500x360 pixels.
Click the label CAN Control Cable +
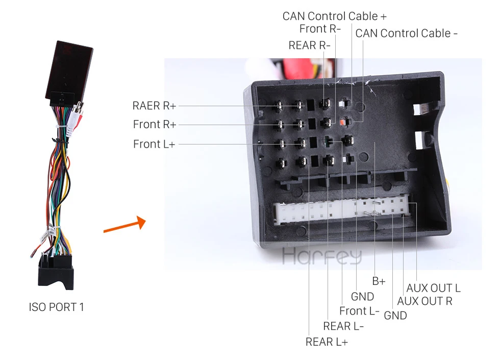click(x=334, y=16)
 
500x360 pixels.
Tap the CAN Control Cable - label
click(x=406, y=33)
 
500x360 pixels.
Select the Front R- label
click(x=320, y=29)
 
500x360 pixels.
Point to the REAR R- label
click(x=309, y=45)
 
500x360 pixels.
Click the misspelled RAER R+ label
click(x=154, y=106)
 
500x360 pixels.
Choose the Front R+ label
click(x=155, y=124)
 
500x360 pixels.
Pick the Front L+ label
click(x=154, y=144)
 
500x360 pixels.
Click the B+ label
click(x=379, y=281)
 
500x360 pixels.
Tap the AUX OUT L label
click(x=433, y=288)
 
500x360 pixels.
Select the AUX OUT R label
click(x=424, y=301)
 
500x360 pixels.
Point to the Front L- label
click(x=359, y=311)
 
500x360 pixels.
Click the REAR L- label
click(x=343, y=326)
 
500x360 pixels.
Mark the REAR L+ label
click(x=327, y=342)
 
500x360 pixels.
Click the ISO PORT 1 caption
click(x=57, y=307)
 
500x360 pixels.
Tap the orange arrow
click(x=124, y=224)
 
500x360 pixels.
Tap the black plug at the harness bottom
click(x=56, y=271)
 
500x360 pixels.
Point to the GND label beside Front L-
click(x=363, y=297)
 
